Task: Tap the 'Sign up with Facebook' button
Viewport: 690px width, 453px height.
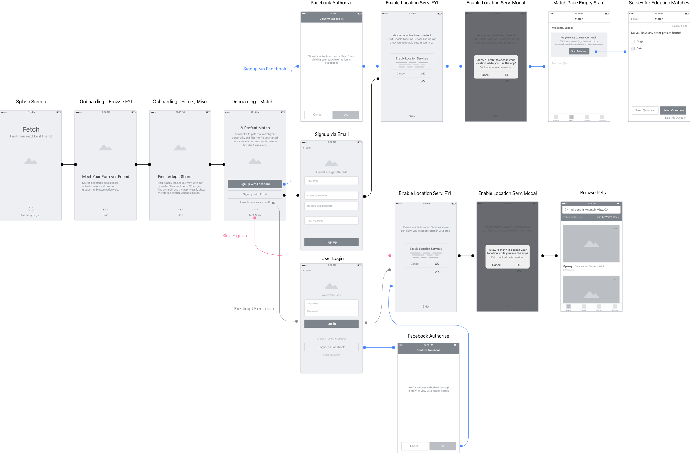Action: point(255,184)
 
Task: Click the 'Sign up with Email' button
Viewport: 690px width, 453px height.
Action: point(255,194)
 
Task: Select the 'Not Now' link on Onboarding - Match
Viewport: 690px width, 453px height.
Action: point(255,215)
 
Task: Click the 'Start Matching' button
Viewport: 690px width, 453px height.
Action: point(579,51)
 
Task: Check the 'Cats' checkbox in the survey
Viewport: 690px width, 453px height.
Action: point(633,48)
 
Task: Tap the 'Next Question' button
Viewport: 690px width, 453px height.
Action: point(674,110)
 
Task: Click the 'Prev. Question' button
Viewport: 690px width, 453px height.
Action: point(645,110)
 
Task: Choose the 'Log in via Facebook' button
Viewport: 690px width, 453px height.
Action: point(331,347)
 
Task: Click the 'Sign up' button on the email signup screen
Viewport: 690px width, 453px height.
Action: point(331,242)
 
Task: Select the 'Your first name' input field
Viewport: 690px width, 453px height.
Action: point(331,220)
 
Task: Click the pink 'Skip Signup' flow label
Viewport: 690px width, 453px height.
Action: point(234,236)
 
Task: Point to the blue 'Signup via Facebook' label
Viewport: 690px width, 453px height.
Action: point(264,69)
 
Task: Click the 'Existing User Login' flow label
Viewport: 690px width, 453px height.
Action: point(254,309)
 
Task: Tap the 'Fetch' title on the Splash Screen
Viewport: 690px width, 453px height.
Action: point(31,129)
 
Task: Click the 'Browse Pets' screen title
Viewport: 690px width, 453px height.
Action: point(593,193)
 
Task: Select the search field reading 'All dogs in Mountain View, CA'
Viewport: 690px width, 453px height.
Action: point(591,210)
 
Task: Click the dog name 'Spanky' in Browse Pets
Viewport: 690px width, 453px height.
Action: point(568,266)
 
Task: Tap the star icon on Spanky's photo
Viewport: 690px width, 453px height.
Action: point(616,229)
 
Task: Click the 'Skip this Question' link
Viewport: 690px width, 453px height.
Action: point(675,118)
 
